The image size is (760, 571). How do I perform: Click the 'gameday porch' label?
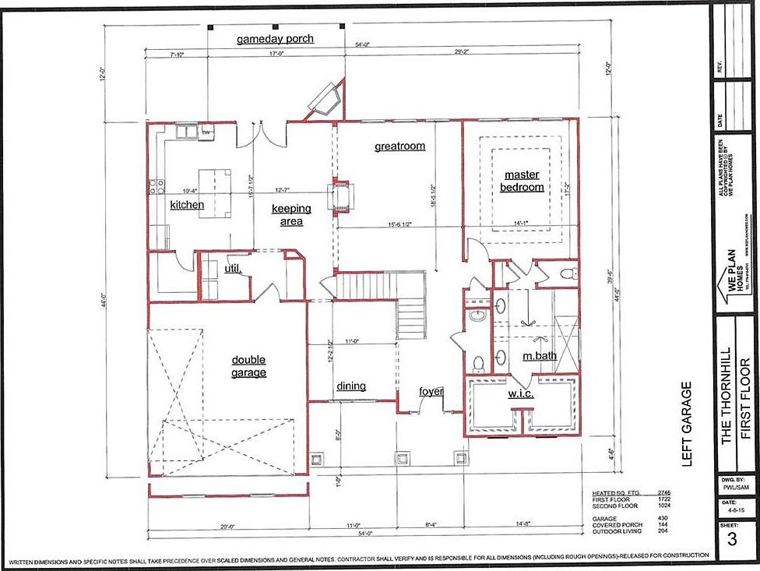coord(276,38)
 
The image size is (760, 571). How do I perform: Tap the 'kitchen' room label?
coord(187,205)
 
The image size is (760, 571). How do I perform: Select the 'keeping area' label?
coord(290,215)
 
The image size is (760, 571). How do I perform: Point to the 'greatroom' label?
coord(399,146)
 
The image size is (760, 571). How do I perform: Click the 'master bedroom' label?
coord(522,181)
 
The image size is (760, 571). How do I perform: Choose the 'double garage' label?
coord(248,366)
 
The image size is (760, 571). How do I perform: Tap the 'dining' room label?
coord(351,386)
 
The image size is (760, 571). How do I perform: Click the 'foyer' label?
coord(431,391)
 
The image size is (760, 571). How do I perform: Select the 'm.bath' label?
coord(539,356)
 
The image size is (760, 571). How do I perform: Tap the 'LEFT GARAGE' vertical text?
coord(686,424)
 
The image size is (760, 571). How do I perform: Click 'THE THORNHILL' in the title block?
coord(727,396)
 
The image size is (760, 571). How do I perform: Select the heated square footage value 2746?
coord(663,493)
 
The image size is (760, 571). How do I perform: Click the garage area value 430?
coord(664,517)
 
